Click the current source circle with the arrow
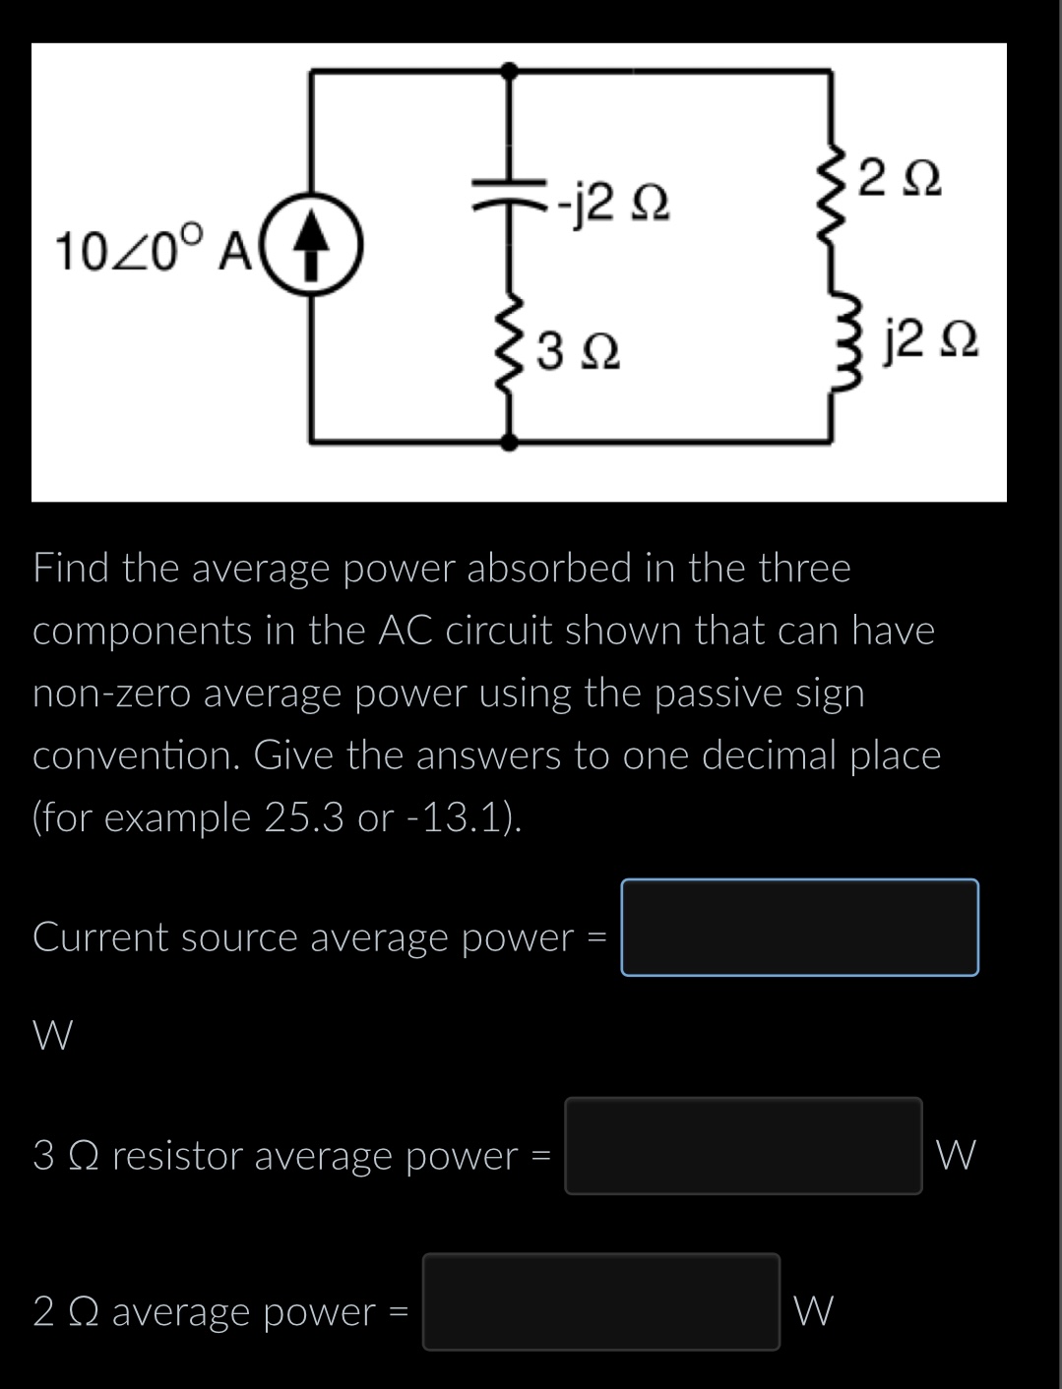tap(312, 240)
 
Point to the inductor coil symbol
tap(835, 335)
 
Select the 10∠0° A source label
tap(156, 250)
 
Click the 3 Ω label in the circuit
tap(581, 351)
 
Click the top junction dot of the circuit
tap(509, 70)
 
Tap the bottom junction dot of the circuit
tap(509, 443)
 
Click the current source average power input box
tap(799, 928)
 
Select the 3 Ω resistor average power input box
tap(743, 1146)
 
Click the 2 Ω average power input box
tap(601, 1301)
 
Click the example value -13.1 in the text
tap(463, 817)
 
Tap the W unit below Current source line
tap(52, 1035)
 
